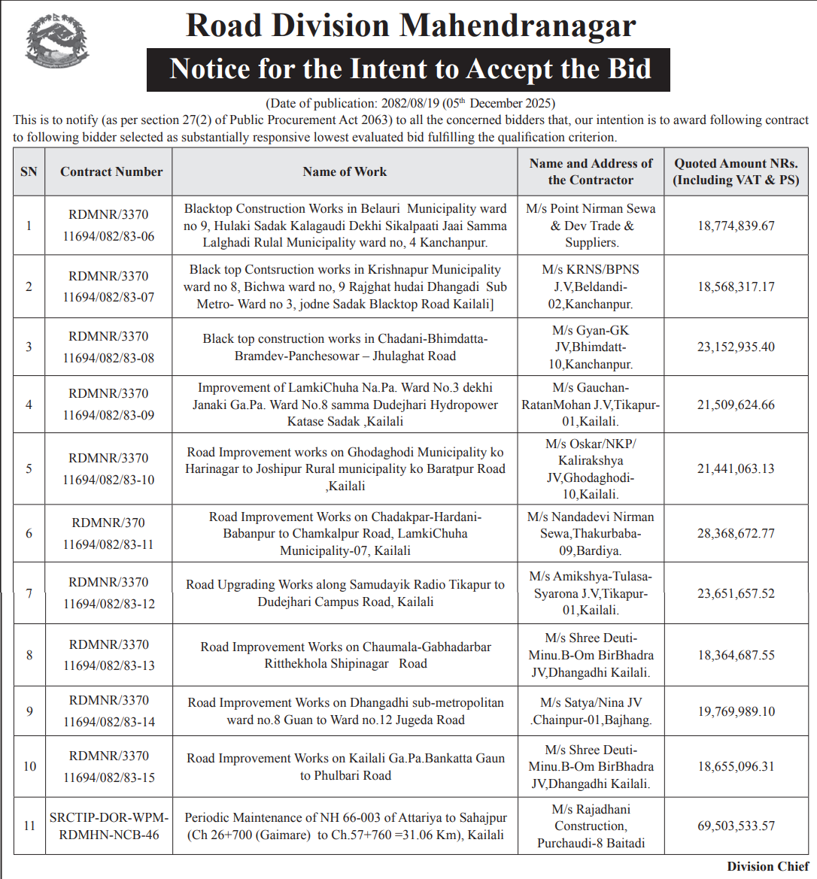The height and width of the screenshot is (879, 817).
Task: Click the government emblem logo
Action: click(57, 42)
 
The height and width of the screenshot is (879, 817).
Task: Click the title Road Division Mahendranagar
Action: click(410, 26)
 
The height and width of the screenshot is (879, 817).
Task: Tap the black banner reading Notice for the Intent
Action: click(408, 69)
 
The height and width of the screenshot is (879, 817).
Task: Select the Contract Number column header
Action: click(111, 172)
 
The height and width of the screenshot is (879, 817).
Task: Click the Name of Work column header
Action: click(345, 172)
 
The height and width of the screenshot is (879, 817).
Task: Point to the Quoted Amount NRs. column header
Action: click(736, 172)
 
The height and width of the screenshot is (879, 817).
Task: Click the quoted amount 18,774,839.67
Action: click(736, 226)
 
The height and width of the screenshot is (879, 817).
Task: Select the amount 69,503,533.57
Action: click(736, 826)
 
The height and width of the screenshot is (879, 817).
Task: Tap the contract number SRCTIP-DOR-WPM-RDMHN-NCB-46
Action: click(109, 826)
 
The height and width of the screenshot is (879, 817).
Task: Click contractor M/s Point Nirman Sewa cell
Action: click(591, 226)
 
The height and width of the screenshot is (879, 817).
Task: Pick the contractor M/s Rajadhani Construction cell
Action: click(591, 826)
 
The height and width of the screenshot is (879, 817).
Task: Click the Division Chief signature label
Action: click(767, 866)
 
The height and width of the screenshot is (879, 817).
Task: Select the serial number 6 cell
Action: click(29, 533)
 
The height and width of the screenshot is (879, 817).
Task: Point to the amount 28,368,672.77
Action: click(736, 533)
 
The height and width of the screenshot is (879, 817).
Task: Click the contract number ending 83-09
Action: click(109, 405)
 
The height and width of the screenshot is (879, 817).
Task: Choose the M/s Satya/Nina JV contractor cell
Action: click(591, 711)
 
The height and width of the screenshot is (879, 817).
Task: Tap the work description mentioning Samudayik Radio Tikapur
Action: click(345, 593)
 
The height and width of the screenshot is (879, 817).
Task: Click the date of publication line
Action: click(410, 103)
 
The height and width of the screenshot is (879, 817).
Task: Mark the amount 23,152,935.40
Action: click(736, 347)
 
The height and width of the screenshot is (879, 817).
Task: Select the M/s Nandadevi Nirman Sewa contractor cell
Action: click(591, 533)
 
